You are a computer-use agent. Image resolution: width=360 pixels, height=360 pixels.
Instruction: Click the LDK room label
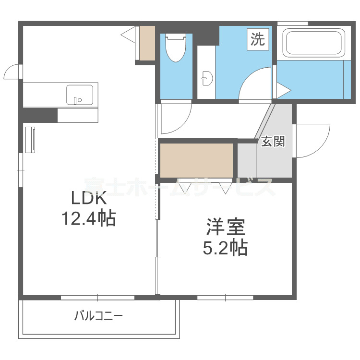coord(88,198)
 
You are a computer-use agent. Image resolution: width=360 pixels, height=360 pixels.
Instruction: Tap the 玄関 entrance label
coord(273,142)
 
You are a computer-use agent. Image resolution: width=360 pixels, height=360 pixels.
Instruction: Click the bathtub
coord(314,43)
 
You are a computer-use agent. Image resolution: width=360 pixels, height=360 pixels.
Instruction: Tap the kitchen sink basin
coord(79,94)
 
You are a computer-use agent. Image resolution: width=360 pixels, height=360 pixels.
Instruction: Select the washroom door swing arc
coord(255,85)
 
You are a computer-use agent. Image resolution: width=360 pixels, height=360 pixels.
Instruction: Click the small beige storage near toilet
coord(147,43)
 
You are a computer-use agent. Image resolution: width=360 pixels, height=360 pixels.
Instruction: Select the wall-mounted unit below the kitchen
coord(31,140)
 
